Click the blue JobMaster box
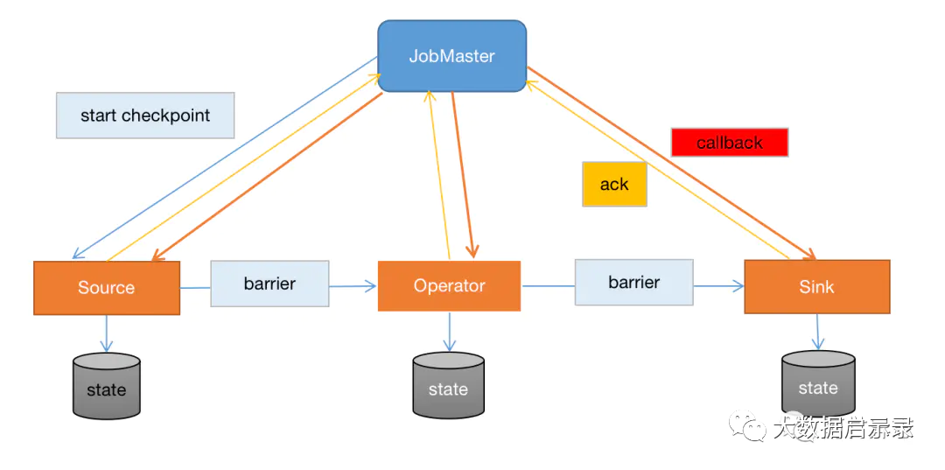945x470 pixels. pyautogui.click(x=451, y=56)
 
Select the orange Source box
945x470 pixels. pyautogui.click(x=107, y=287)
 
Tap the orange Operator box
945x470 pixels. pyautogui.click(x=449, y=285)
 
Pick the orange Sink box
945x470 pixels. pyautogui.click(x=816, y=286)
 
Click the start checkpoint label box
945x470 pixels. pyautogui.click(x=145, y=116)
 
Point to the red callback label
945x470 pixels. pyautogui.click(x=730, y=143)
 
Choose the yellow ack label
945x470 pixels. pyautogui.click(x=614, y=185)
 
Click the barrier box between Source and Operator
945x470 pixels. pyautogui.click(x=269, y=284)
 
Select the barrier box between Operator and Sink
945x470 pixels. pyautogui.click(x=633, y=282)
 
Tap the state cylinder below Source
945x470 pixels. pyautogui.click(x=107, y=386)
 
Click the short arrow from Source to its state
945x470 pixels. pyautogui.click(x=107, y=333)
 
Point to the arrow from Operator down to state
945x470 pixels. pyautogui.click(x=450, y=331)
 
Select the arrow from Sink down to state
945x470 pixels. pyautogui.click(x=817, y=331)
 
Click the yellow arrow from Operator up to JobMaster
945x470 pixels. pyautogui.click(x=438, y=175)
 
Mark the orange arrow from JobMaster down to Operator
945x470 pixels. pyautogui.click(x=462, y=175)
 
